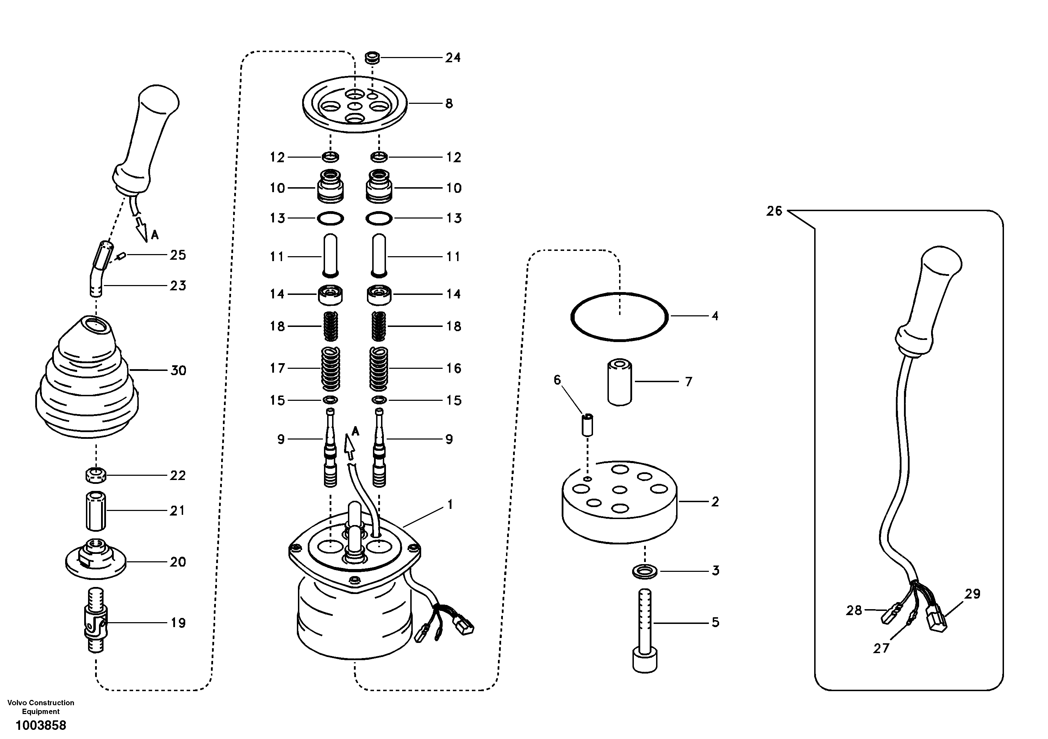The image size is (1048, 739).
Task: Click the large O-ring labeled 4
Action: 619,294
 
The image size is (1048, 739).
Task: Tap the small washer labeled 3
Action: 644,571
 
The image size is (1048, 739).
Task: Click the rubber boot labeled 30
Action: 87,383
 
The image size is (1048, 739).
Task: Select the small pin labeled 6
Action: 587,425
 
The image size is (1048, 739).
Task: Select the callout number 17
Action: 277,368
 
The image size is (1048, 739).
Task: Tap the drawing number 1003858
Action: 41,725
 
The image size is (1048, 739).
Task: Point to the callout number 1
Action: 450,505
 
